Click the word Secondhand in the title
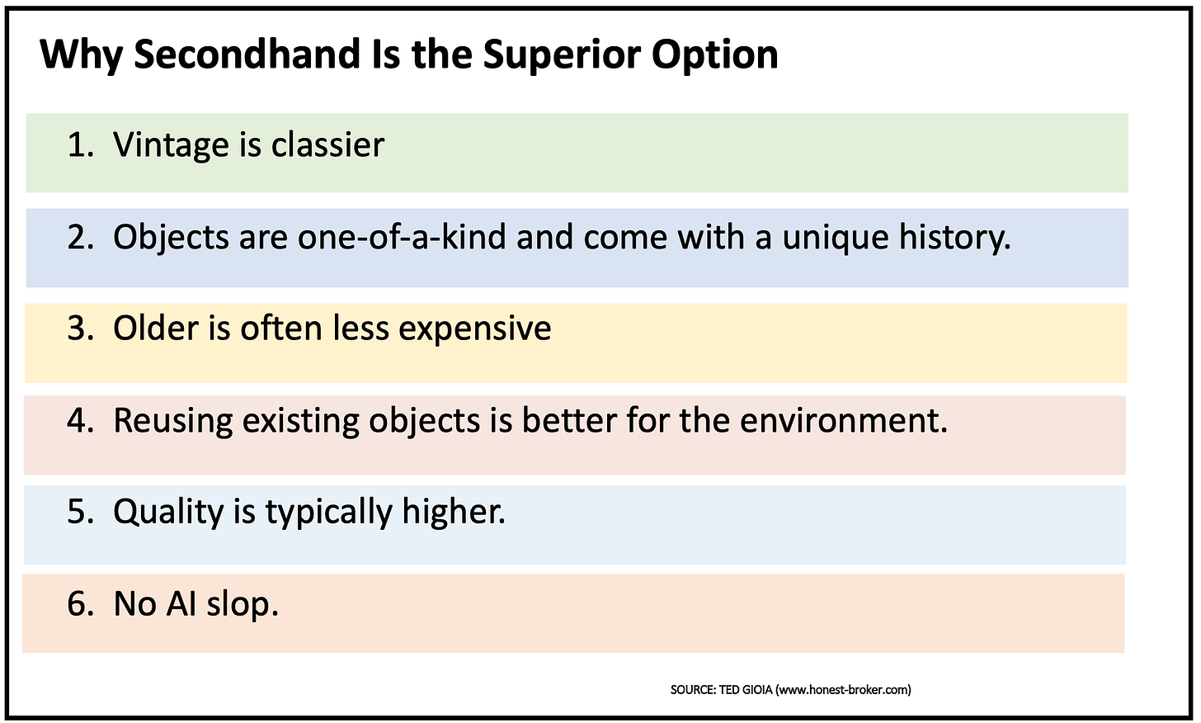246,54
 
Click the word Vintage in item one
171,145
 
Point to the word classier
327,145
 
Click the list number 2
80,238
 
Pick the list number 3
80,328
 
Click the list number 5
80,513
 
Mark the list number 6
80,604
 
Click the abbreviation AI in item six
180,604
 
